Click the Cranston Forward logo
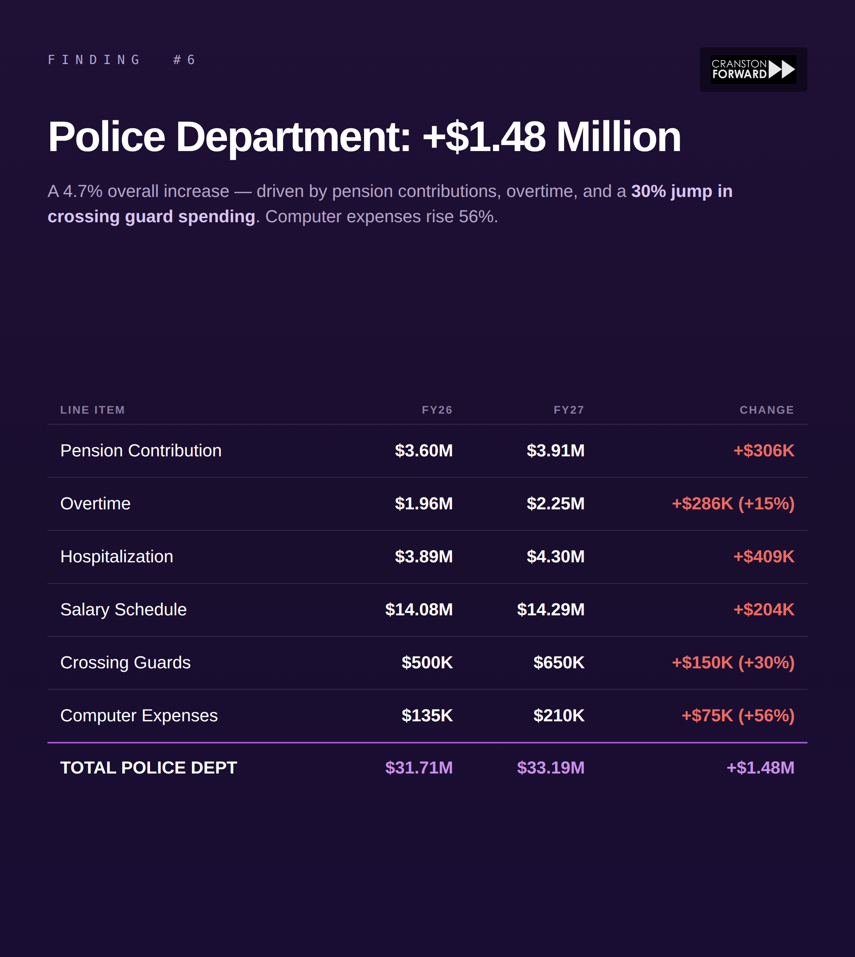tap(753, 70)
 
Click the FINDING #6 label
tap(121, 60)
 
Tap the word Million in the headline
tap(618, 137)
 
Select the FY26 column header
tap(437, 410)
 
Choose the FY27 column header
tap(568, 410)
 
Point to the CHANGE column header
tap(767, 410)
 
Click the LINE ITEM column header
tap(93, 410)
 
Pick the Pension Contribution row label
tap(141, 450)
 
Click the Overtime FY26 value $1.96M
tap(424, 503)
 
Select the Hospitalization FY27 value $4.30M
tap(555, 557)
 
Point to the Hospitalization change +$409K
tap(764, 557)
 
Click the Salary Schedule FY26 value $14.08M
tap(419, 610)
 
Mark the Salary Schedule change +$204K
tap(764, 610)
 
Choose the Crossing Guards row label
tap(125, 663)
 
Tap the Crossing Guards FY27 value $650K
tap(559, 663)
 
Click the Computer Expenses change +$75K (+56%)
tap(737, 716)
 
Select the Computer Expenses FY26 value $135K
tap(427, 716)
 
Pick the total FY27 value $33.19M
tap(551, 768)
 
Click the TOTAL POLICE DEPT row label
tap(148, 768)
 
